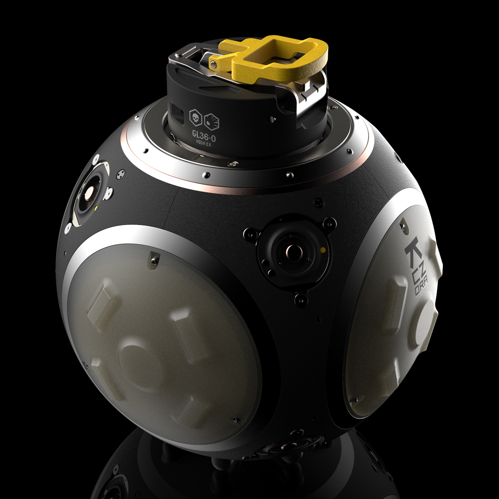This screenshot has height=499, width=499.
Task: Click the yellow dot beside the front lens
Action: (322, 249)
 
